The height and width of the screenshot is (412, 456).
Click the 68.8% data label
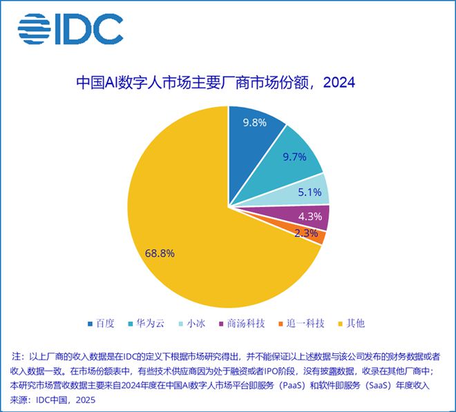(x=160, y=253)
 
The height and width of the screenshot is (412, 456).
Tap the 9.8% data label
(x=255, y=124)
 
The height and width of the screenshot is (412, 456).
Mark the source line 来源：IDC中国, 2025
(x=51, y=400)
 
